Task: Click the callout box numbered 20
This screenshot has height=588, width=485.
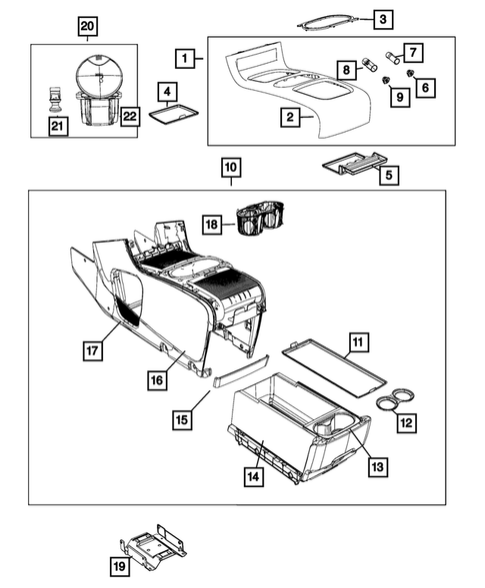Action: tap(88, 24)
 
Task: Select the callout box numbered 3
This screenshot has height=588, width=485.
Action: tap(382, 19)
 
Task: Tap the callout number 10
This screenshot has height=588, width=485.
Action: tap(231, 168)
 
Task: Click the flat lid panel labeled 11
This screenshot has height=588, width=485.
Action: tap(334, 364)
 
